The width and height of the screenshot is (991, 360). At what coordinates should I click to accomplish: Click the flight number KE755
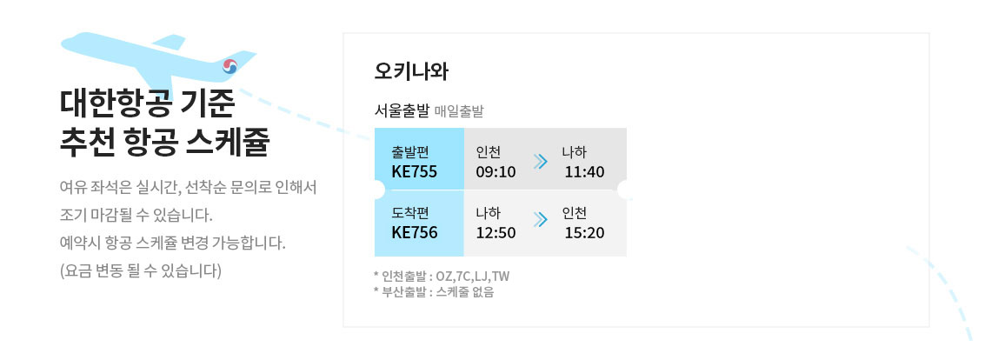(x=415, y=171)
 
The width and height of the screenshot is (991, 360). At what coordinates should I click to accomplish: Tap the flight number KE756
(x=415, y=232)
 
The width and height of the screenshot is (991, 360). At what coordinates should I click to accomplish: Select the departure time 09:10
(x=495, y=171)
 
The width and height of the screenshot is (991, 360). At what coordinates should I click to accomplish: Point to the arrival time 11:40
(x=585, y=171)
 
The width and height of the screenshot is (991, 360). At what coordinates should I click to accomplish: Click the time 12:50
(x=495, y=232)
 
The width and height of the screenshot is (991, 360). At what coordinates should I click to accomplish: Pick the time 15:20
(x=585, y=232)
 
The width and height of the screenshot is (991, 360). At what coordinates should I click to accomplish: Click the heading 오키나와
(x=411, y=71)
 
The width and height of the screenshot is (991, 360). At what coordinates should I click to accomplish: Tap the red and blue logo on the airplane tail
(x=229, y=66)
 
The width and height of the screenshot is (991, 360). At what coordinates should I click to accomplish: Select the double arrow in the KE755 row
(x=540, y=162)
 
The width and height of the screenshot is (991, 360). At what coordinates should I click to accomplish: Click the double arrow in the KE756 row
(x=540, y=219)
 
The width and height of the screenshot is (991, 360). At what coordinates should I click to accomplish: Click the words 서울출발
(x=402, y=112)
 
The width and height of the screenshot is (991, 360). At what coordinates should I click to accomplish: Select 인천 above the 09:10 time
(x=489, y=152)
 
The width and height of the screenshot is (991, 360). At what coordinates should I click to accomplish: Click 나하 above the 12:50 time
(x=489, y=213)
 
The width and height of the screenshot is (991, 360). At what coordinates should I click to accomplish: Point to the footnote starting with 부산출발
(x=434, y=292)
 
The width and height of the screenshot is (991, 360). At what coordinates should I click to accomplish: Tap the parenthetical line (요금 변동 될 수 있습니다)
(x=140, y=270)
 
